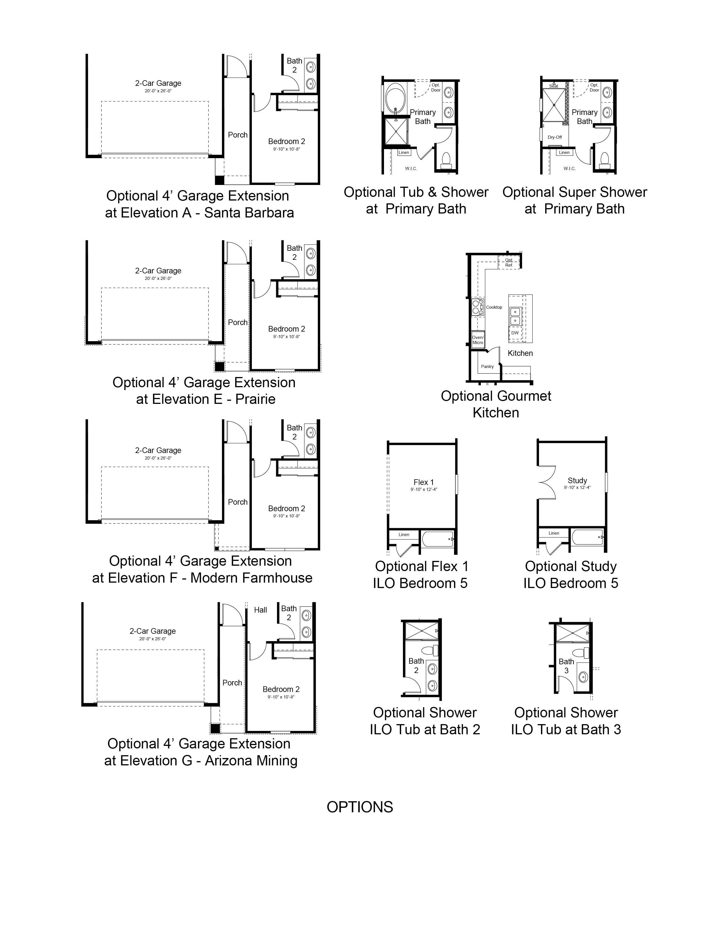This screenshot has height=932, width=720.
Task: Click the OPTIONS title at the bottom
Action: [x=359, y=807]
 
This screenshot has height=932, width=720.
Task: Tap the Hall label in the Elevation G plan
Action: [x=260, y=610]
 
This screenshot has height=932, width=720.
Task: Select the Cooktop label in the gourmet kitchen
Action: [x=494, y=307]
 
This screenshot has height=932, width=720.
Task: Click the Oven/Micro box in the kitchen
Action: [x=478, y=340]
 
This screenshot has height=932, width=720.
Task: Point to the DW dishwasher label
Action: [x=515, y=333]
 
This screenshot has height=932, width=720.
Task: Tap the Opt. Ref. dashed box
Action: [x=509, y=262]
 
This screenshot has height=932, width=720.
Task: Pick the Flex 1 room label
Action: [x=424, y=482]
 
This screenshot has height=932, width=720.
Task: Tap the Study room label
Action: [x=577, y=480]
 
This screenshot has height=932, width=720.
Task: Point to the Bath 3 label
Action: [x=566, y=666]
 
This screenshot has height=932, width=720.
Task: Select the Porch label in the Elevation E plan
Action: [x=237, y=323]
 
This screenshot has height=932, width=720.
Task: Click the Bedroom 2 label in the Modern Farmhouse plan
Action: [x=287, y=508]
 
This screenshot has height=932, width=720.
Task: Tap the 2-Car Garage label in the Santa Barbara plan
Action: [x=158, y=83]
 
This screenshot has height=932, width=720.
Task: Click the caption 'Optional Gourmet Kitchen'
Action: [x=496, y=404]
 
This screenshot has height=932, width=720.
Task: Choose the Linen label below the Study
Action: [x=554, y=533]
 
